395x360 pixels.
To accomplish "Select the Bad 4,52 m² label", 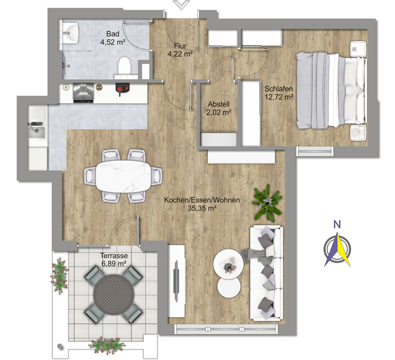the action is (113, 38).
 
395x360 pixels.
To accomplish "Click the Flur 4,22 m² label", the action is (180, 50).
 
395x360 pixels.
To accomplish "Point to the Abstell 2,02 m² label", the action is (219, 108).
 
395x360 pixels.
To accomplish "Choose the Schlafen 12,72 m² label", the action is (279, 93).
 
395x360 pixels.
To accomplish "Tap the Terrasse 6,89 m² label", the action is (114, 260).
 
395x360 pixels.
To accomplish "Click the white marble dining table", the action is (123, 176).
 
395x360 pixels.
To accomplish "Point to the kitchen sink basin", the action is (37, 131).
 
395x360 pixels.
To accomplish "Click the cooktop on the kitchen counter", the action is (83, 93).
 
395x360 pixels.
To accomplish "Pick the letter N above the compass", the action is (337, 224).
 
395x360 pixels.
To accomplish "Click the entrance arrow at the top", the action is (182, 5).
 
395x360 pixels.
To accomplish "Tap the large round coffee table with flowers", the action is (228, 264).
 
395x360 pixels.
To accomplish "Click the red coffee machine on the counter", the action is (122, 89).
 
